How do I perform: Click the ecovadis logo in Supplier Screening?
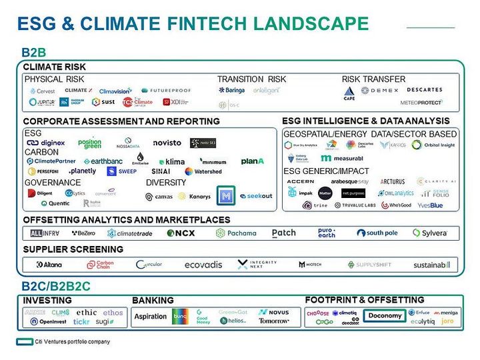[203, 265]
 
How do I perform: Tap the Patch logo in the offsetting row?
[284, 233]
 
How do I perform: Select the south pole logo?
[377, 233]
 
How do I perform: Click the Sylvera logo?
[430, 233]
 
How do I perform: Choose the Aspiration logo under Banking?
[150, 317]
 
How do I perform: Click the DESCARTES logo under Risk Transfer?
[424, 90]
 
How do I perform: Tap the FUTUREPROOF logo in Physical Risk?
[166, 90]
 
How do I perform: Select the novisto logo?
[167, 143]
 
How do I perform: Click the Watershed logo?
[203, 171]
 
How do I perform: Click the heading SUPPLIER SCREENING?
[73, 249]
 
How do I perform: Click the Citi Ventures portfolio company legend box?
[21, 342]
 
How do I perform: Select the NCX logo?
[180, 233]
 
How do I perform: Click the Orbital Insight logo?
[433, 145]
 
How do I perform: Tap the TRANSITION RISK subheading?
[251, 79]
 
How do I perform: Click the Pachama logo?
[236, 233]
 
